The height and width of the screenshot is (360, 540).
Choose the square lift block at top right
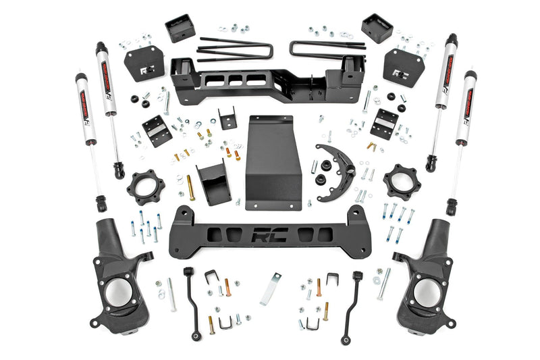[x=377, y=28]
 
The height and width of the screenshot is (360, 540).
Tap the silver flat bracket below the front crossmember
[x=271, y=288]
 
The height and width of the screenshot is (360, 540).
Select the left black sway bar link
[x=190, y=297]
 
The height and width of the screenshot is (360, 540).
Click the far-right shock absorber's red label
[x=464, y=108]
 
